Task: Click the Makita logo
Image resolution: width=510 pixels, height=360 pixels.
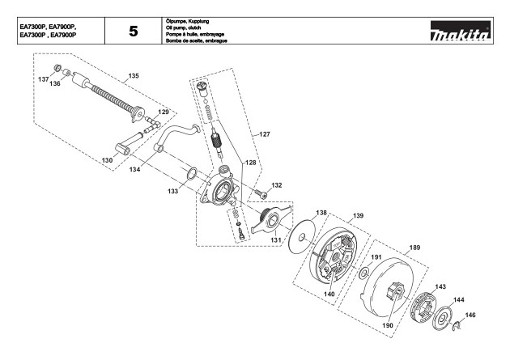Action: (461, 32)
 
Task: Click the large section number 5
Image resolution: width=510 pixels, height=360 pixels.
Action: (134, 32)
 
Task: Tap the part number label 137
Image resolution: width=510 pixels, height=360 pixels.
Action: (43, 79)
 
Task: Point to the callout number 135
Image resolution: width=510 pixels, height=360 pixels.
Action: (134, 76)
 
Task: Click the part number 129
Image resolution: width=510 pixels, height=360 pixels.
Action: (164, 112)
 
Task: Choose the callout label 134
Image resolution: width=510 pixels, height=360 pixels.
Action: (134, 169)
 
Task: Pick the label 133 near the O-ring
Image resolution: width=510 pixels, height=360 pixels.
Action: (173, 191)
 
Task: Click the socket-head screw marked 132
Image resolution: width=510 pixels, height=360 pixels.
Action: (261, 194)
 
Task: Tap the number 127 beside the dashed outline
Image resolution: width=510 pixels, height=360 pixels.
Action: (265, 133)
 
